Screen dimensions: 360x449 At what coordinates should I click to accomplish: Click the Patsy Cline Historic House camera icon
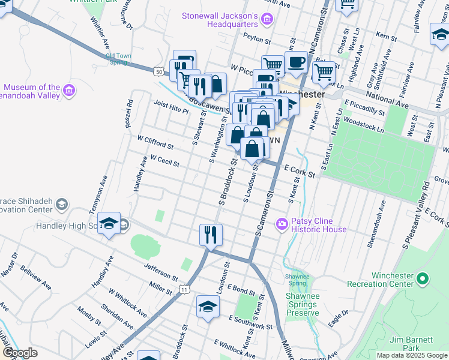(x=281, y=224)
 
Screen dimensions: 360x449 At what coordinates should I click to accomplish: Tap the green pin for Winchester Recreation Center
(x=423, y=278)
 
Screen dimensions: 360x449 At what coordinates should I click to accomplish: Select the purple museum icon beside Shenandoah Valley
(x=68, y=91)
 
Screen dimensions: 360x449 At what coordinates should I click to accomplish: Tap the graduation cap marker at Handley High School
(x=109, y=223)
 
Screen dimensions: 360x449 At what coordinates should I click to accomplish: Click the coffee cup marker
(x=295, y=61)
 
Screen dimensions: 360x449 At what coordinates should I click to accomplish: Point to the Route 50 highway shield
(x=158, y=71)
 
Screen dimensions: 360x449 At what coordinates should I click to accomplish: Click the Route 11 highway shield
(x=184, y=290)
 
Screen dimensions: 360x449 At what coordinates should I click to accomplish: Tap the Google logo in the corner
(x=20, y=353)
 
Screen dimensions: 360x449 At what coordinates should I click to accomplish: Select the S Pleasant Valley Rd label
(x=417, y=217)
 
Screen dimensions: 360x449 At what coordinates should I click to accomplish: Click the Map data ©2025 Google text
(x=411, y=355)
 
